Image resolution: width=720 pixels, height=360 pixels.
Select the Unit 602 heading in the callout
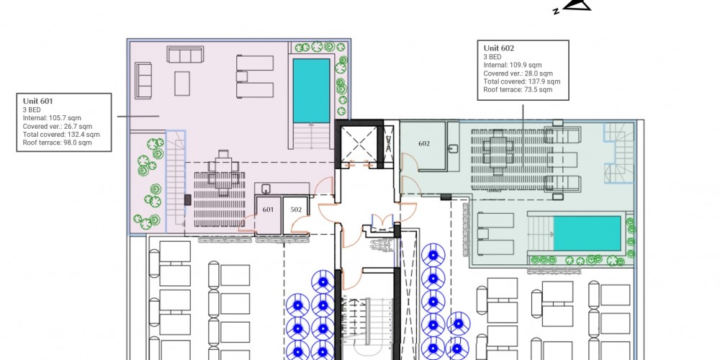(x=499, y=48)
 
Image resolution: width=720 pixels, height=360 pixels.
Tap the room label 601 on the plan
(x=268, y=210)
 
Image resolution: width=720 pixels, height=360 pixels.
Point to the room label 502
(x=296, y=210)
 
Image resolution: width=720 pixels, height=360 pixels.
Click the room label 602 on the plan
(x=424, y=144)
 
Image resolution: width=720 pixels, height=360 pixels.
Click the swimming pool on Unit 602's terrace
(x=588, y=234)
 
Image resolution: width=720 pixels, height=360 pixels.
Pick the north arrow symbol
(x=574, y=6)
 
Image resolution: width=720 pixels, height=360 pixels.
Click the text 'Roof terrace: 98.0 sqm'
(x=57, y=143)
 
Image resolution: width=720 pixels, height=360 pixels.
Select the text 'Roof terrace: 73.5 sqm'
(x=518, y=90)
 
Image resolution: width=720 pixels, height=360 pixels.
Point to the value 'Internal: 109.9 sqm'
(x=513, y=66)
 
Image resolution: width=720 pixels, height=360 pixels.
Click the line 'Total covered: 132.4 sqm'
(x=61, y=135)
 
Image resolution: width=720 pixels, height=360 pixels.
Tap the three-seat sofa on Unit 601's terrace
(x=185, y=55)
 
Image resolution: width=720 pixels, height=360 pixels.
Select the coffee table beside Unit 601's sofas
(x=182, y=84)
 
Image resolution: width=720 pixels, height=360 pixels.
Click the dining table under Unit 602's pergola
(x=498, y=151)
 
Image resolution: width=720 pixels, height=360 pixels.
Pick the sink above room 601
(x=266, y=189)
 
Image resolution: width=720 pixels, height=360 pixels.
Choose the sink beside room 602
(x=453, y=149)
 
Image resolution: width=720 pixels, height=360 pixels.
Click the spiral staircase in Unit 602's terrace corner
(x=618, y=153)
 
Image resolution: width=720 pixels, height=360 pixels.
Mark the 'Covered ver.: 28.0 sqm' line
(x=518, y=73)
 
